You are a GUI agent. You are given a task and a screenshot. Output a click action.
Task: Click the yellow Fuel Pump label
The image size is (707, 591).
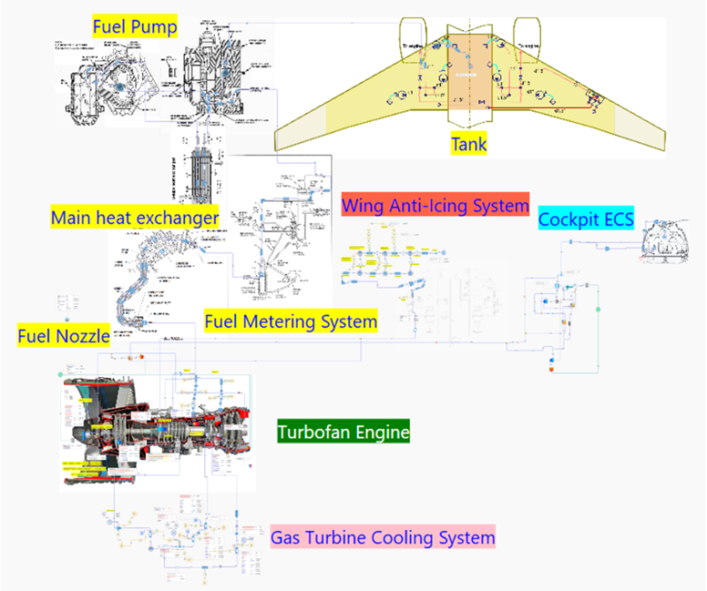135,27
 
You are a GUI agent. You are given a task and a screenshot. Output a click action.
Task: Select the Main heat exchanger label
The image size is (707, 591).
134,217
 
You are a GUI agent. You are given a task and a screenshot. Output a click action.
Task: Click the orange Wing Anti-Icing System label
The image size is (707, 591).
435,205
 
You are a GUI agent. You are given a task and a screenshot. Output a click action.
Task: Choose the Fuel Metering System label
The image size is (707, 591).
291,320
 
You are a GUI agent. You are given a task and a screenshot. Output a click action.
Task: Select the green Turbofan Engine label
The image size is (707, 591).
344,433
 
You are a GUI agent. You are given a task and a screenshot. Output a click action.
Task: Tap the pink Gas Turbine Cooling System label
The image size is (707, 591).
383,536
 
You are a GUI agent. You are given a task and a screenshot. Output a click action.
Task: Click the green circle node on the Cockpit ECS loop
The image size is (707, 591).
598,309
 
